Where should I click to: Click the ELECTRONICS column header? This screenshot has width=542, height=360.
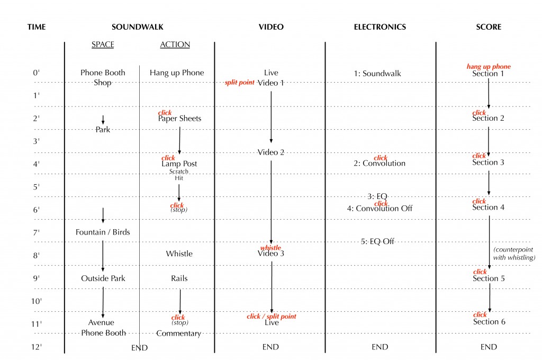(x=380, y=27)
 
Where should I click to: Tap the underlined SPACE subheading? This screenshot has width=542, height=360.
(x=103, y=44)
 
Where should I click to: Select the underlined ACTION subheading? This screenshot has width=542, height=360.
(x=175, y=44)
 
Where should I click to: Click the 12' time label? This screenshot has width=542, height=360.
(x=37, y=347)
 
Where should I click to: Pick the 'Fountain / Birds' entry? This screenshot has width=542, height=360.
(x=103, y=232)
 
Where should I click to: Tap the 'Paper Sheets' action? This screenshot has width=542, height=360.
(x=179, y=119)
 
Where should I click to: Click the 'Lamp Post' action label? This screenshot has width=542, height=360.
(x=179, y=164)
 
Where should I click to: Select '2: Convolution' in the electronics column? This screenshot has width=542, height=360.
(x=380, y=164)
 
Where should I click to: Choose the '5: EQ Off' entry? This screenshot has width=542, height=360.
(x=378, y=241)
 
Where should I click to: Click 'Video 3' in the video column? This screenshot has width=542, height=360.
(x=271, y=254)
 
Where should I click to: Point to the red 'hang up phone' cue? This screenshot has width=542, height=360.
(x=488, y=67)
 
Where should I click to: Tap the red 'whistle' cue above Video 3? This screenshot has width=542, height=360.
(x=270, y=248)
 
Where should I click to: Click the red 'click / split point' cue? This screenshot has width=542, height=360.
(x=272, y=317)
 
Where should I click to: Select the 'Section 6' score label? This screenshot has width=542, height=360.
(x=489, y=322)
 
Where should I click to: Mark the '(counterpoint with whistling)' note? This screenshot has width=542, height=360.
(x=514, y=254)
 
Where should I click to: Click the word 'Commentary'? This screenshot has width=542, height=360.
(x=178, y=334)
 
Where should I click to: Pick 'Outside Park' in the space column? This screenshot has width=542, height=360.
(x=103, y=278)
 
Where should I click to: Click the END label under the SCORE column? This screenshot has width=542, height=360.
(x=489, y=347)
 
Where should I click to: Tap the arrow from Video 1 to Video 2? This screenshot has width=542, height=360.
(x=272, y=116)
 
